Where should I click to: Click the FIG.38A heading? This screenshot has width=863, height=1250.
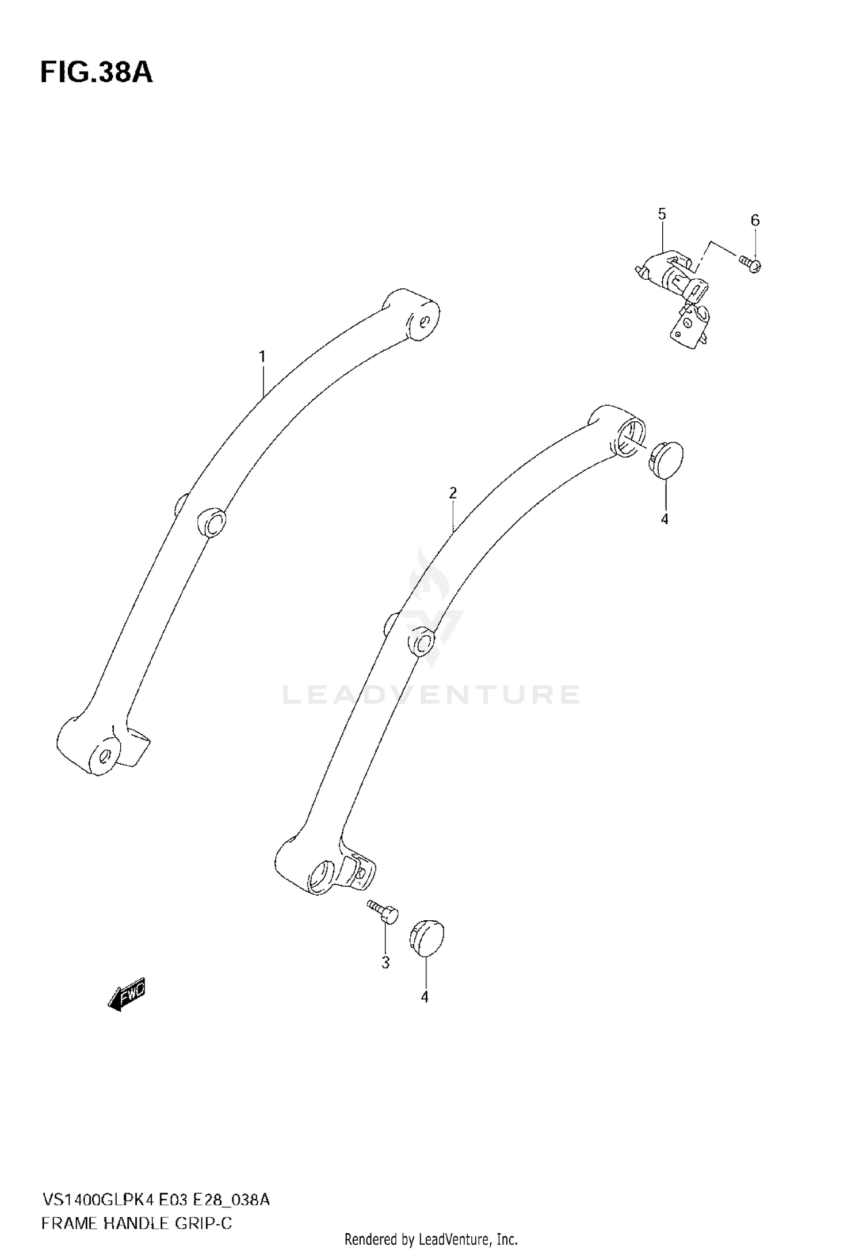coord(96,73)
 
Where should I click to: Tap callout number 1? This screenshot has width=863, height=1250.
coord(262,357)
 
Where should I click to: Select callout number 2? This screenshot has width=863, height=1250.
coord(453,493)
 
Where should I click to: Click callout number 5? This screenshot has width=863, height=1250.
coord(662,215)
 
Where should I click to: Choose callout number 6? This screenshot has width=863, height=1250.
coord(755,220)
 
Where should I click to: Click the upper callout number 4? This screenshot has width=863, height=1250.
coord(665,519)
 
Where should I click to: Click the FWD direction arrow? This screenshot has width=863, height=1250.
coord(127,994)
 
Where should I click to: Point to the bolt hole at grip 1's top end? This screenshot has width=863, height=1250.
coord(425,321)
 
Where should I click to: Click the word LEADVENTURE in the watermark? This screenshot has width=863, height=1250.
coord(431,695)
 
